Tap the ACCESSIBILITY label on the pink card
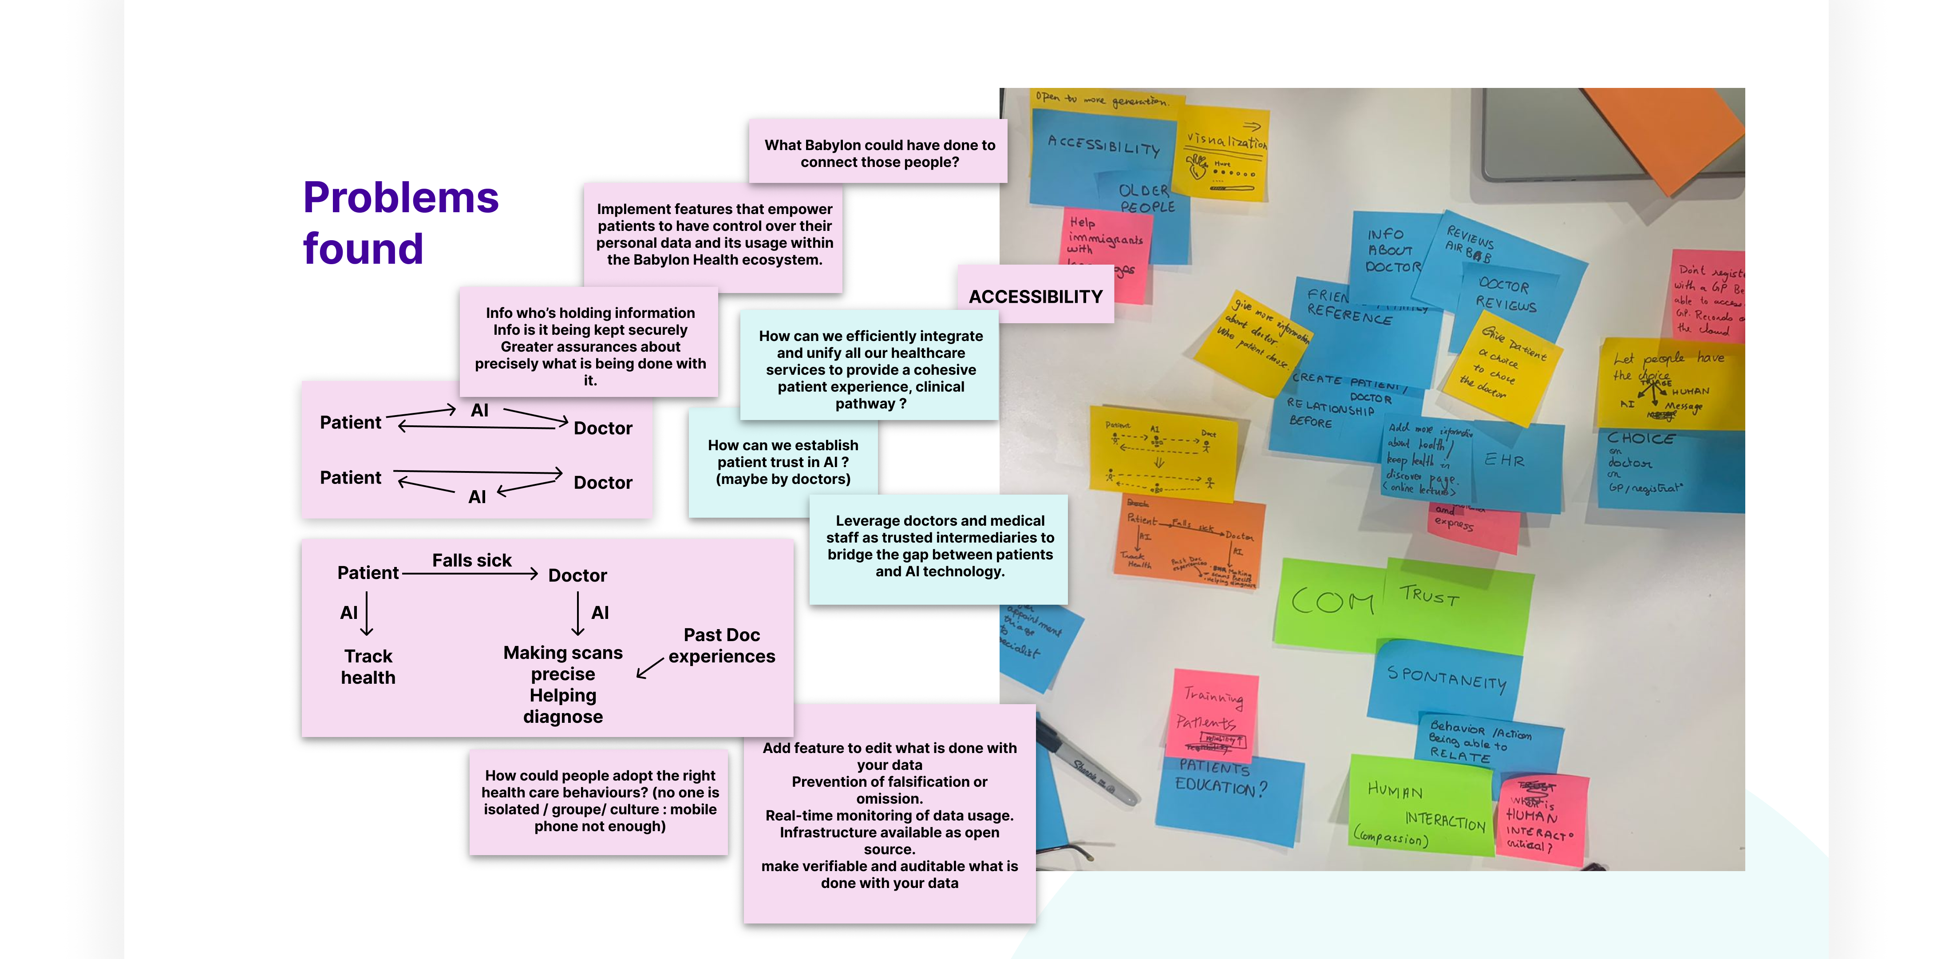(x=1035, y=297)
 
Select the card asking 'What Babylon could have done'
(x=879, y=152)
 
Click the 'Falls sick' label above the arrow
(x=471, y=560)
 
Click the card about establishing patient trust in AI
(x=783, y=462)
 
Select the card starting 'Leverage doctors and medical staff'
(x=939, y=546)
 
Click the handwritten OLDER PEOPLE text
(x=1146, y=198)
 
